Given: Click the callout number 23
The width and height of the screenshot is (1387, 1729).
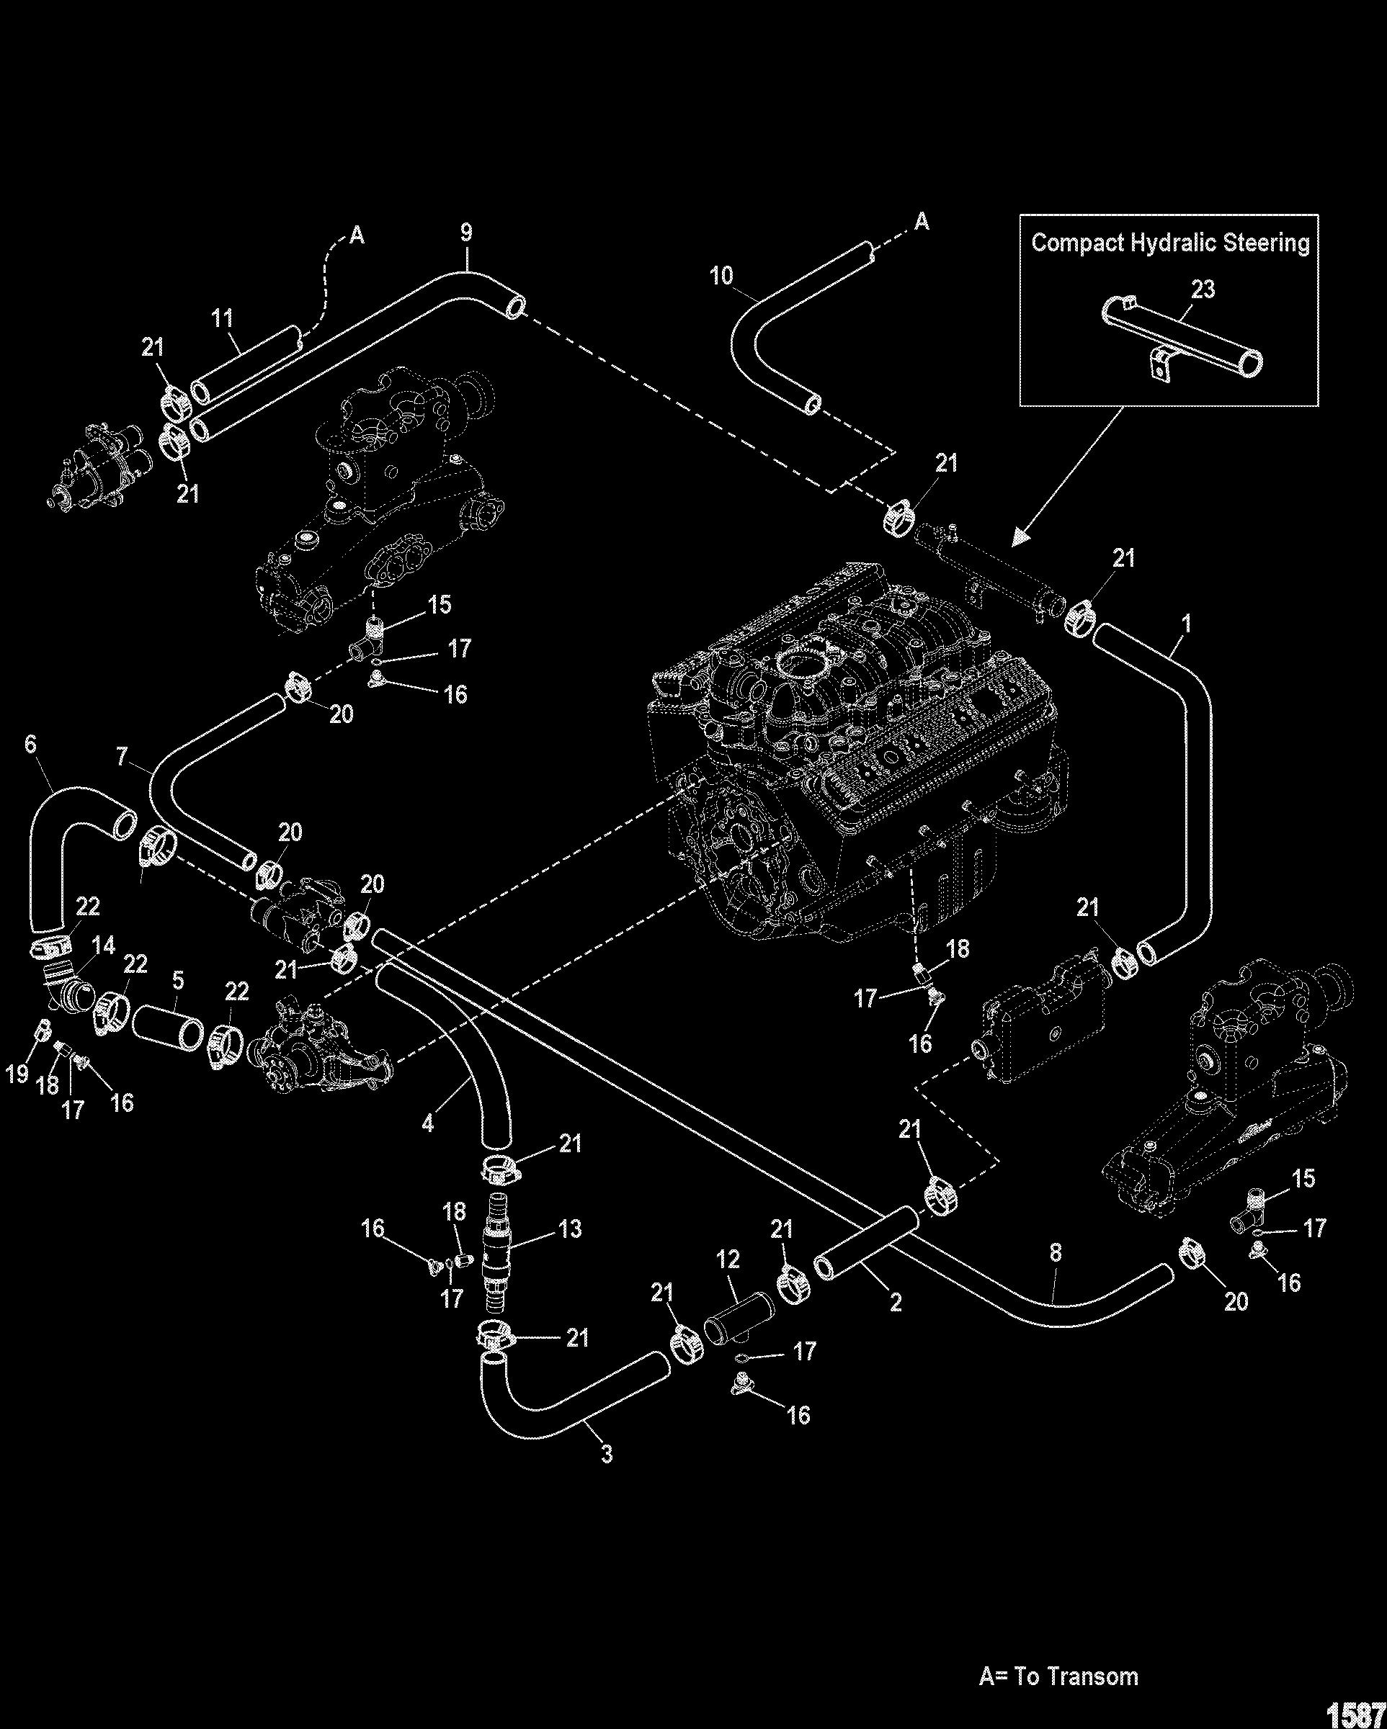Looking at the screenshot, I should click(x=1203, y=289).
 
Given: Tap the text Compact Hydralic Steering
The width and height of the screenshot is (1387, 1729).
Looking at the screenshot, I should click(x=1169, y=243).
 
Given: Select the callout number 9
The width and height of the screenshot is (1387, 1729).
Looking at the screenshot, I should click(x=466, y=233).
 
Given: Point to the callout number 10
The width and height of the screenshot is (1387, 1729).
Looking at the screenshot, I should click(x=721, y=277).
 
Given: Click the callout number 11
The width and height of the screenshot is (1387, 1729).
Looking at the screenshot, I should click(x=221, y=319).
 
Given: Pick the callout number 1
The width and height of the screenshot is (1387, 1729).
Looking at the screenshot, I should click(x=1187, y=623).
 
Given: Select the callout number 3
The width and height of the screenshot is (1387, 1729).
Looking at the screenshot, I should click(x=607, y=1452).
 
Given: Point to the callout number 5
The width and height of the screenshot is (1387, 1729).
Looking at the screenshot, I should click(x=178, y=979).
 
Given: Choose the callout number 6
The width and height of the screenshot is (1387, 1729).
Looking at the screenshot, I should click(x=30, y=744).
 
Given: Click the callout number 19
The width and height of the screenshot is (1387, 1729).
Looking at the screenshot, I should click(x=17, y=1073).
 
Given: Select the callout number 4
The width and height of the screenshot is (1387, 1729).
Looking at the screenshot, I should click(x=427, y=1124).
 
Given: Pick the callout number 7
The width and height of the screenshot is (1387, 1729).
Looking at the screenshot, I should click(x=122, y=756).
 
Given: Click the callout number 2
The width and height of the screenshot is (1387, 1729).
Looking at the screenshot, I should click(x=896, y=1301).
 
